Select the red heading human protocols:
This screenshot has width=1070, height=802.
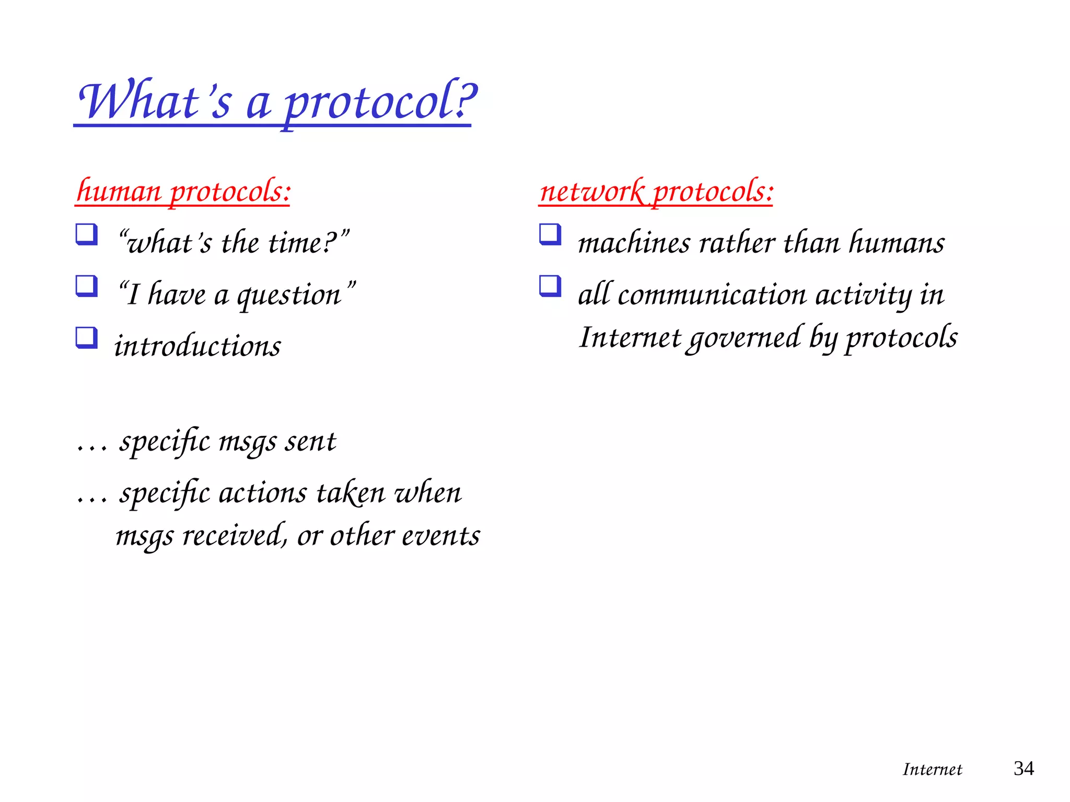[x=183, y=191]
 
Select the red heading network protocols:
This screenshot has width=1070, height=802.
[x=656, y=191]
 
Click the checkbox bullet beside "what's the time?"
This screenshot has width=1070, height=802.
[x=86, y=234]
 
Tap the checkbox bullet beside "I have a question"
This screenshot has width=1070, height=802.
[x=86, y=286]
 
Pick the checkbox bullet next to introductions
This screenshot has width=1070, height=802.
[x=86, y=338]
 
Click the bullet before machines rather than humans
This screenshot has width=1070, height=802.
[x=550, y=234]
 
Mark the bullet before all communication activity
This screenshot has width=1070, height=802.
[x=550, y=286]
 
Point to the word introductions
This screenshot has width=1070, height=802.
[x=197, y=346]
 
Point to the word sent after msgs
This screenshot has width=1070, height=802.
[x=310, y=442]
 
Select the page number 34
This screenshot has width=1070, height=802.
[x=1024, y=769]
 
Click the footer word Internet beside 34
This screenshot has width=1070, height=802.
[x=932, y=770]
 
